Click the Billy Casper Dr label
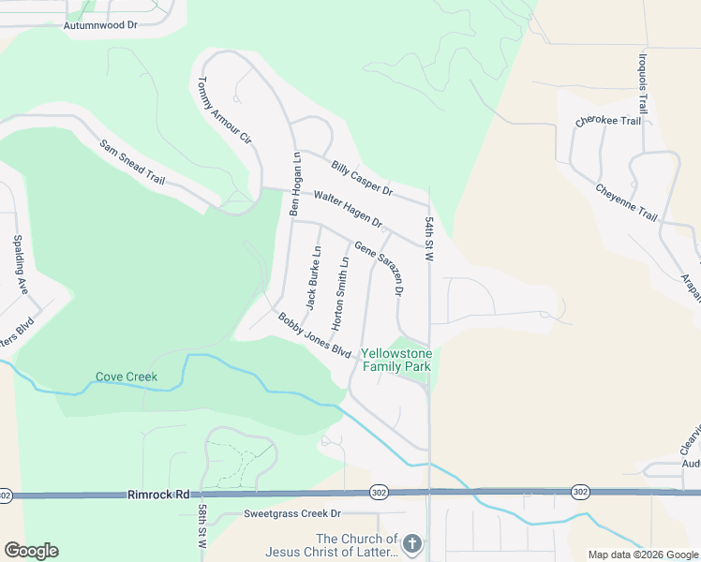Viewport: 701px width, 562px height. coord(361,177)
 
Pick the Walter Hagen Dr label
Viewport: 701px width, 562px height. coord(349,210)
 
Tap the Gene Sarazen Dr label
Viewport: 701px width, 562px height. coord(379,267)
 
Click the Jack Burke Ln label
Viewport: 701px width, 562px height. coord(313,278)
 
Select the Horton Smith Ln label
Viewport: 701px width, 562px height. coord(341,287)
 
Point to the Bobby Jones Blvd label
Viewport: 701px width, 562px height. coord(314,334)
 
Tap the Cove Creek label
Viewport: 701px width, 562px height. coord(127,377)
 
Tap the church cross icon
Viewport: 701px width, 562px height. coord(411,544)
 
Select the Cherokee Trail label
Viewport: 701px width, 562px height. coord(608,121)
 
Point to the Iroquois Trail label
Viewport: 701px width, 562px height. coord(643,81)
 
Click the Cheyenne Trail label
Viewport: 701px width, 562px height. coord(626,202)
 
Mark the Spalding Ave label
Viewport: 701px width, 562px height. coord(19,264)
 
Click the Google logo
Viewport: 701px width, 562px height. coord(31,551)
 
